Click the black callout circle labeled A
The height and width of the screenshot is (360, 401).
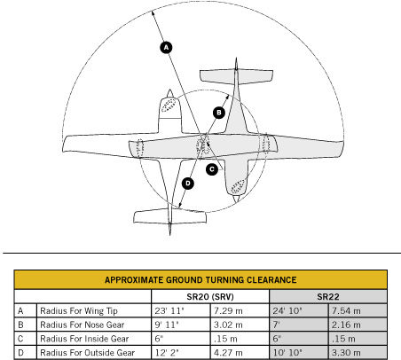pyautogui.click(x=166, y=47)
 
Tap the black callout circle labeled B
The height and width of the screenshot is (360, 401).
pyautogui.click(x=219, y=113)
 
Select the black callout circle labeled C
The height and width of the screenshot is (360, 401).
pyautogui.click(x=212, y=169)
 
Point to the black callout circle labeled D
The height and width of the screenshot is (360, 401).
pyautogui.click(x=188, y=184)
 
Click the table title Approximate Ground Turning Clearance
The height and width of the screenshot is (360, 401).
pyautogui.click(x=200, y=280)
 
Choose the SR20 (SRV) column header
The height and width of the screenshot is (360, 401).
pyautogui.click(x=210, y=297)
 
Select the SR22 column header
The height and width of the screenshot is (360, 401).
pyautogui.click(x=328, y=297)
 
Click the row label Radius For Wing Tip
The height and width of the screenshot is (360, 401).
pyautogui.click(x=79, y=311)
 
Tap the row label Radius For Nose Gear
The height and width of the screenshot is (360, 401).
pyautogui.click(x=83, y=325)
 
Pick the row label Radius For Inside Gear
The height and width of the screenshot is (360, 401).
pyautogui.click(x=84, y=339)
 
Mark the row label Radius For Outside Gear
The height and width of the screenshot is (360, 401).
pyautogui.click(x=88, y=353)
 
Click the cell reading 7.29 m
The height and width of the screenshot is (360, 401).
pyautogui.click(x=228, y=311)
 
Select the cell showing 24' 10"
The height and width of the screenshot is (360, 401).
pyautogui.click(x=287, y=311)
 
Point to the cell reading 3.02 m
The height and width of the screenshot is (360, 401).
pyautogui.click(x=228, y=325)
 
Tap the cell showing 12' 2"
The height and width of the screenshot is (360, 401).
pyautogui.click(x=167, y=353)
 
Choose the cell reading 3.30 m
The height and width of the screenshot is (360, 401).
pyautogui.click(x=346, y=353)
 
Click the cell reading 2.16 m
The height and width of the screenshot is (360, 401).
pyautogui.click(x=346, y=325)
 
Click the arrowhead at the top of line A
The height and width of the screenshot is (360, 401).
pyautogui.click(x=153, y=12)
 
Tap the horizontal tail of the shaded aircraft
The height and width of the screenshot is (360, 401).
pyautogui.click(x=236, y=77)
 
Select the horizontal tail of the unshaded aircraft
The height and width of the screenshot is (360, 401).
pyautogui.click(x=169, y=216)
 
